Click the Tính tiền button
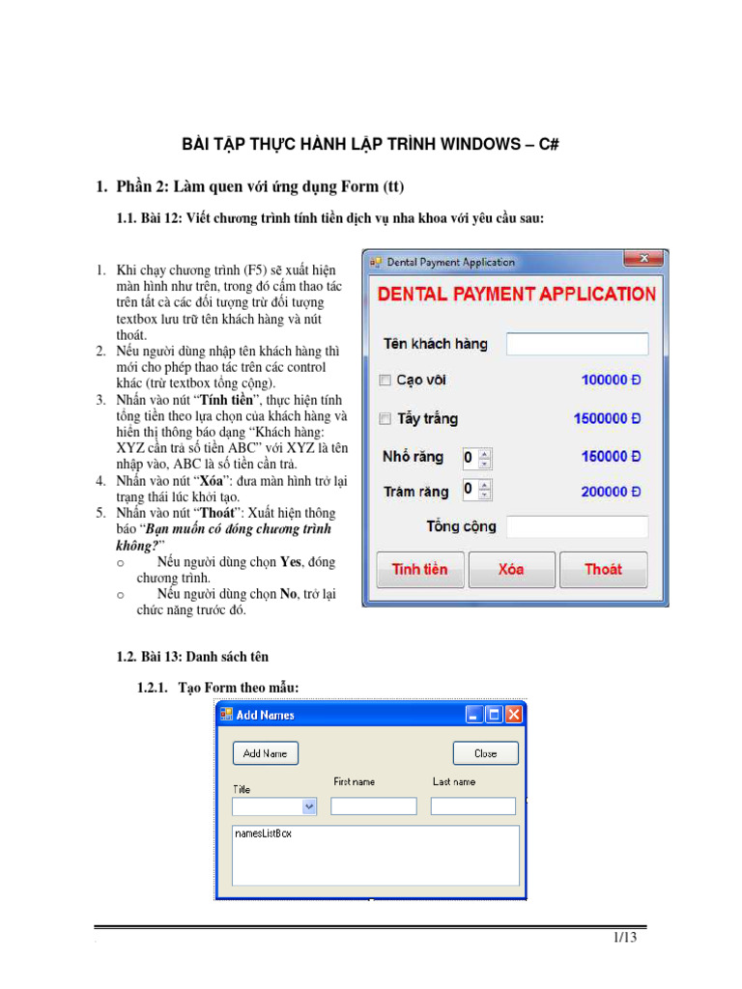419,570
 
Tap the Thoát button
603,570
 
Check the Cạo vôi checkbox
385,381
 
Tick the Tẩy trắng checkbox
385,419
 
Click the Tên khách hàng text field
577,344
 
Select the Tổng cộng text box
577,526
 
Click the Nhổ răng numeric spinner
476,458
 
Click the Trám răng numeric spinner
476,490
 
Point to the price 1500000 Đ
607,419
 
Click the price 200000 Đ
611,492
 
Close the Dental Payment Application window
642,260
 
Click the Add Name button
266,753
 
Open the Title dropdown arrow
309,806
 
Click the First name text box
374,806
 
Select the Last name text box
473,806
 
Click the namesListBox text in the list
263,834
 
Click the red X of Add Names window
514,715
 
